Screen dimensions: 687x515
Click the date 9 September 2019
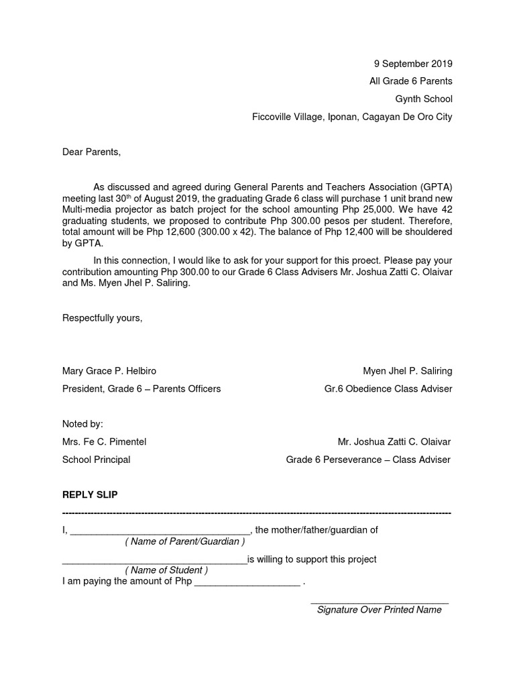(412, 64)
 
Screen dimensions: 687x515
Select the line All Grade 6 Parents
(410, 82)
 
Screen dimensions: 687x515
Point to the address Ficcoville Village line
(352, 117)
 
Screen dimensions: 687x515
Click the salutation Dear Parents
(92, 152)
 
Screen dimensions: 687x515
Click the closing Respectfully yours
(103, 318)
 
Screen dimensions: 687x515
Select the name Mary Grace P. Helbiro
(109, 371)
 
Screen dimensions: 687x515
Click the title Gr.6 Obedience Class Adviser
(388, 389)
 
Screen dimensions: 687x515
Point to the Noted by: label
(82, 424)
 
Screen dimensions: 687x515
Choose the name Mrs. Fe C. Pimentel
(104, 442)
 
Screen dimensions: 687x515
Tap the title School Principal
(96, 460)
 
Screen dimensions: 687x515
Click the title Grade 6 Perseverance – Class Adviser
(368, 460)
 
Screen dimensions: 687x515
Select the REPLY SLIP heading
(90, 495)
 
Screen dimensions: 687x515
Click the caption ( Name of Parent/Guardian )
(184, 541)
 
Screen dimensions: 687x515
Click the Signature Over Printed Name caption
(379, 610)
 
